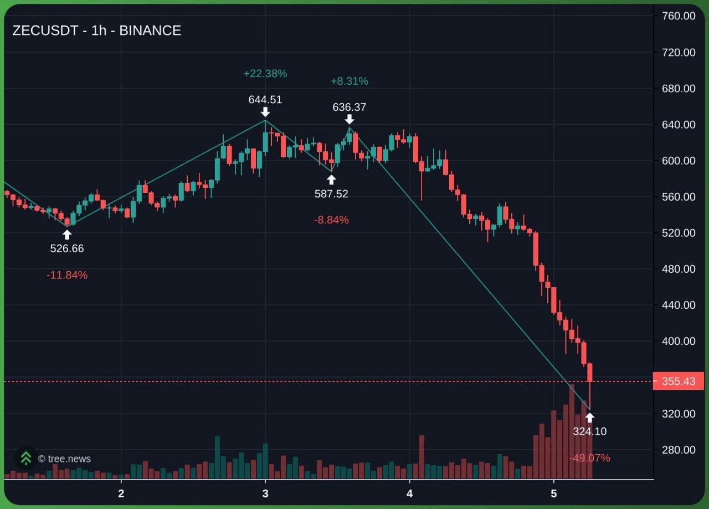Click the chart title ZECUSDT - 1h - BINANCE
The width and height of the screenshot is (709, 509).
point(97,30)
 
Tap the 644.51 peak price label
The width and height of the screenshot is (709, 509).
point(265,99)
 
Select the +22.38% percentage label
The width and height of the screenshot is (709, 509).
point(265,74)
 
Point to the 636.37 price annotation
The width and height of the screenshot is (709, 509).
point(350,107)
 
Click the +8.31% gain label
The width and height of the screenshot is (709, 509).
point(350,81)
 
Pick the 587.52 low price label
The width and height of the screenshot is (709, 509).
point(331,194)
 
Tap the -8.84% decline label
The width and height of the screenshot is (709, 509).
point(331,220)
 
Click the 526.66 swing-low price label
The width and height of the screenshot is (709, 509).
point(67,248)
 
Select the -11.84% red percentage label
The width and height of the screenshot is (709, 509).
point(67,275)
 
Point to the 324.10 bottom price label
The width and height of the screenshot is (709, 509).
point(590,431)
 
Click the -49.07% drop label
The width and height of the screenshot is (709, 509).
point(590,458)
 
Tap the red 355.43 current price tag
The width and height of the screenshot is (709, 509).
point(679,381)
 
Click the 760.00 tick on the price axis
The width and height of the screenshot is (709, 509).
point(679,16)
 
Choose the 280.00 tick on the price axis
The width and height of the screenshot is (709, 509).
point(679,450)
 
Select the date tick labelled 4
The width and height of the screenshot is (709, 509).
point(409,493)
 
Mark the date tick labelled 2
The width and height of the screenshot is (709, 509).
point(121,493)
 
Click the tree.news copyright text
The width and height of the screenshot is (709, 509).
point(64,459)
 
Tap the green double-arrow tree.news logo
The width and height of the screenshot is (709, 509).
point(26,459)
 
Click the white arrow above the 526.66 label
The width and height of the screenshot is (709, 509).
point(67,235)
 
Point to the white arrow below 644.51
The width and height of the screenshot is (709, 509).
point(265,112)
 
